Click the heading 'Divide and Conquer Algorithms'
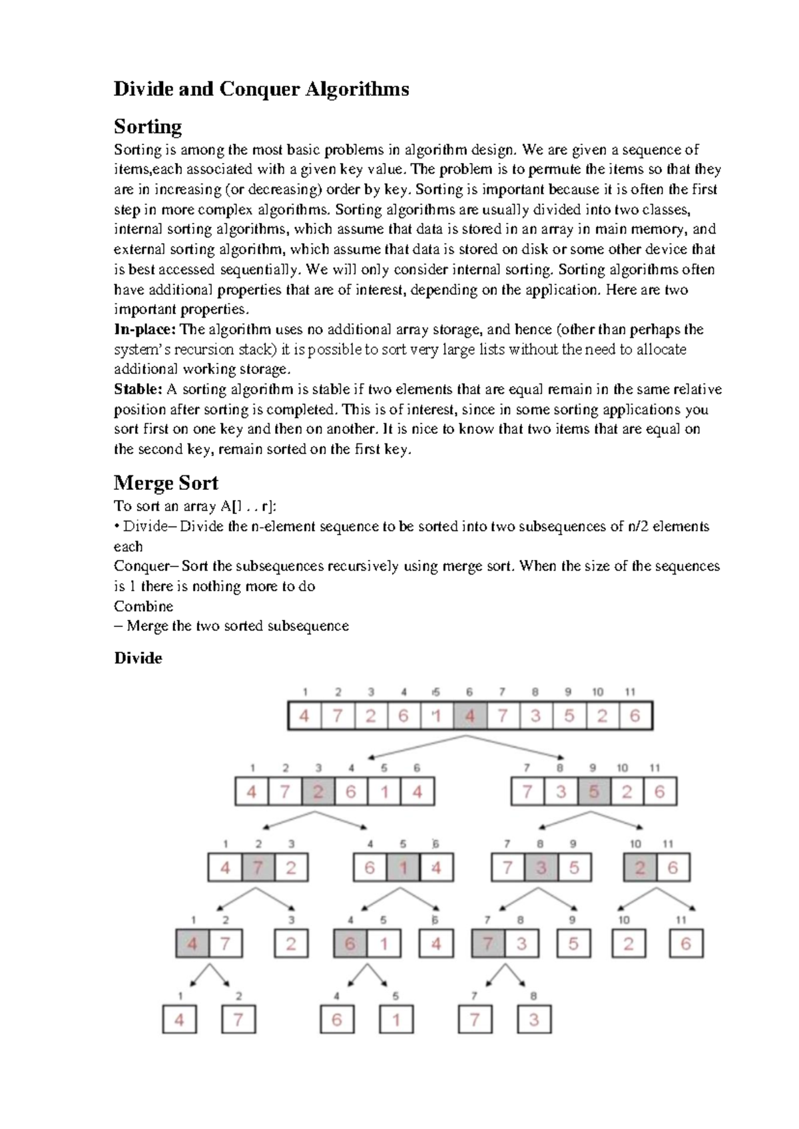[261, 89]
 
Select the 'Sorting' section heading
[148, 126]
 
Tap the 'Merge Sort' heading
[166, 483]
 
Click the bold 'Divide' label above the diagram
[138, 658]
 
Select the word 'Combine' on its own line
[143, 606]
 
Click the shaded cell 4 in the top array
[470, 716]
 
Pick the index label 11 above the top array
[630, 692]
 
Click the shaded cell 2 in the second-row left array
[318, 791]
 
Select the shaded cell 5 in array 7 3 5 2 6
[594, 791]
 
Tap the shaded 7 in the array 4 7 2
[258, 868]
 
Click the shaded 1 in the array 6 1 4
[403, 868]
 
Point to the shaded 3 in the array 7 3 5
[541, 868]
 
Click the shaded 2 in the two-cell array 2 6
[640, 868]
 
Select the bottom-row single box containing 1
[396, 1020]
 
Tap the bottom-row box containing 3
[534, 1020]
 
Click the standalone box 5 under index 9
[573, 944]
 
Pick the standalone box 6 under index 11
[686, 944]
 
